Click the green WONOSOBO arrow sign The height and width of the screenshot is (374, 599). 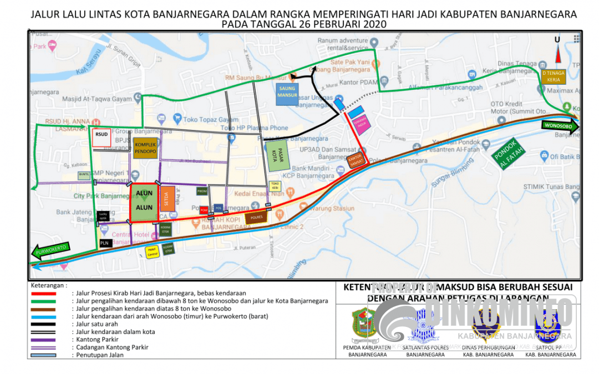click(x=559, y=126)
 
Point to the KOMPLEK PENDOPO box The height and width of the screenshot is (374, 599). click(x=145, y=148)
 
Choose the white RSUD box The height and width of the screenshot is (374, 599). click(x=101, y=138)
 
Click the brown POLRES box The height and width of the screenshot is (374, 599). click(x=256, y=218)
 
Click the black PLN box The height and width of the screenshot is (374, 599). click(x=105, y=243)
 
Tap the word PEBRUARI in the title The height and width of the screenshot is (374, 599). click(x=339, y=24)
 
